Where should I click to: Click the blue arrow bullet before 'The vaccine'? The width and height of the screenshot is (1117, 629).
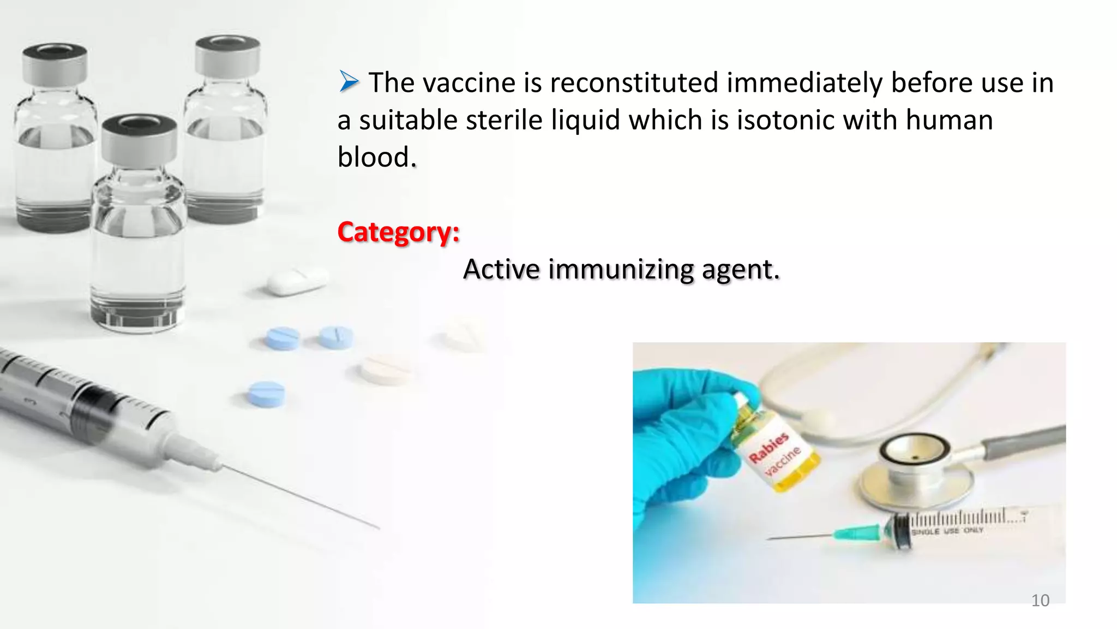(x=349, y=82)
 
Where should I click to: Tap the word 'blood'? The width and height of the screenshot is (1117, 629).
(x=374, y=157)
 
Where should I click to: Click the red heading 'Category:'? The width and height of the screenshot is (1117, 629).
(x=399, y=232)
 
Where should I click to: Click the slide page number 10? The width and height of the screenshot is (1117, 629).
(x=1040, y=600)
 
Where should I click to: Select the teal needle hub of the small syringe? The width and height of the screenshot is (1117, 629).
(x=859, y=532)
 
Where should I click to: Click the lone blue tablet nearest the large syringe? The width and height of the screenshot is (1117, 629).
(x=266, y=394)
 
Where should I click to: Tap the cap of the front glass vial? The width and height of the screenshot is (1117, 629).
(x=139, y=139)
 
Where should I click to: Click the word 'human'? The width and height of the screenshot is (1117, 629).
(x=950, y=120)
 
